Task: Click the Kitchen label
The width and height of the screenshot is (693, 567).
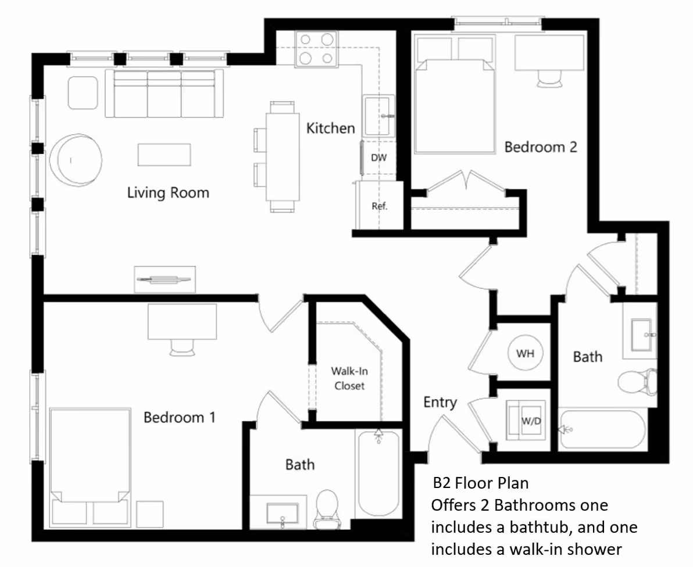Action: [331, 128]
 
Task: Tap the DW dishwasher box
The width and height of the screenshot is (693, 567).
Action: [378, 157]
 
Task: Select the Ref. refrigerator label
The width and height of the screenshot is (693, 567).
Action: [380, 206]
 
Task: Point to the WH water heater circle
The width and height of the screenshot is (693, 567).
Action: [526, 353]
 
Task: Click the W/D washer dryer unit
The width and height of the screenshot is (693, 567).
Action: [526, 421]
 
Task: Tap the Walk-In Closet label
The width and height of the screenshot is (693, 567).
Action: [349, 378]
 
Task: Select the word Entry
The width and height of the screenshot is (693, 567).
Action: [440, 402]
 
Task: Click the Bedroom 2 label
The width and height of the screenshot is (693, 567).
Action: [541, 146]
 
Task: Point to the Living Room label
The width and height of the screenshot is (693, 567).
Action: [168, 192]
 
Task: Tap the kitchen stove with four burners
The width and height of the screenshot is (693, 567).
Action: [316, 49]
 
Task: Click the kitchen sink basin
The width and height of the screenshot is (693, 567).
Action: [378, 116]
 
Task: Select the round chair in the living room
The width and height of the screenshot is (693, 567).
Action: [76, 160]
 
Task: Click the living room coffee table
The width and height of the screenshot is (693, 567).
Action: [165, 155]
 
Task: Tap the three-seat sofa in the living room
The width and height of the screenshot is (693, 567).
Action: [164, 93]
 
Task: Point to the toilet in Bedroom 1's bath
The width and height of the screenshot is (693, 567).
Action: [327, 509]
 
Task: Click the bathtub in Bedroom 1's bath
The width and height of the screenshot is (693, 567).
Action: [378, 474]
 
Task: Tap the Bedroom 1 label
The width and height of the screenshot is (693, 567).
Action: [180, 417]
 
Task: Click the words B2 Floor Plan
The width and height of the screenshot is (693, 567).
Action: [481, 483]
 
